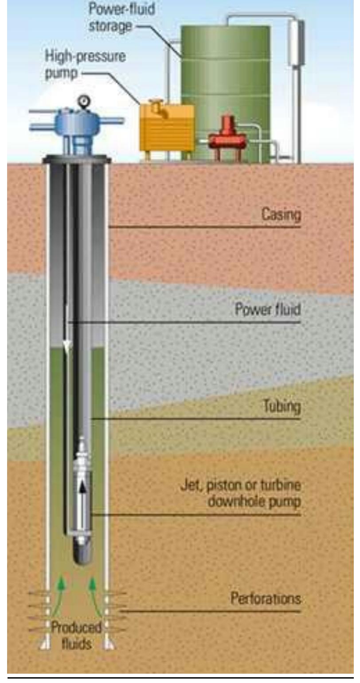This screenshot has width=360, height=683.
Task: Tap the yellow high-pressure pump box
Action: pyautogui.click(x=167, y=128)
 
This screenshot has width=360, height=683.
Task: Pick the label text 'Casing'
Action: pyautogui.click(x=281, y=215)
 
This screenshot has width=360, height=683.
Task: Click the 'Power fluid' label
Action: pyautogui.click(x=268, y=309)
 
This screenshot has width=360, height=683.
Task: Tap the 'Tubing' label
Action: pyautogui.click(x=282, y=406)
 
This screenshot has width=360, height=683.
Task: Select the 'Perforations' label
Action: pyautogui.click(x=266, y=598)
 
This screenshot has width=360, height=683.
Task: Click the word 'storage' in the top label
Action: pyautogui.click(x=110, y=26)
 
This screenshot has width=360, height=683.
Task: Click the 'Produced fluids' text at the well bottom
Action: pyautogui.click(x=76, y=636)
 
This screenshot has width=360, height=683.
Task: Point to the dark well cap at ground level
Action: pyautogui.click(x=77, y=159)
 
